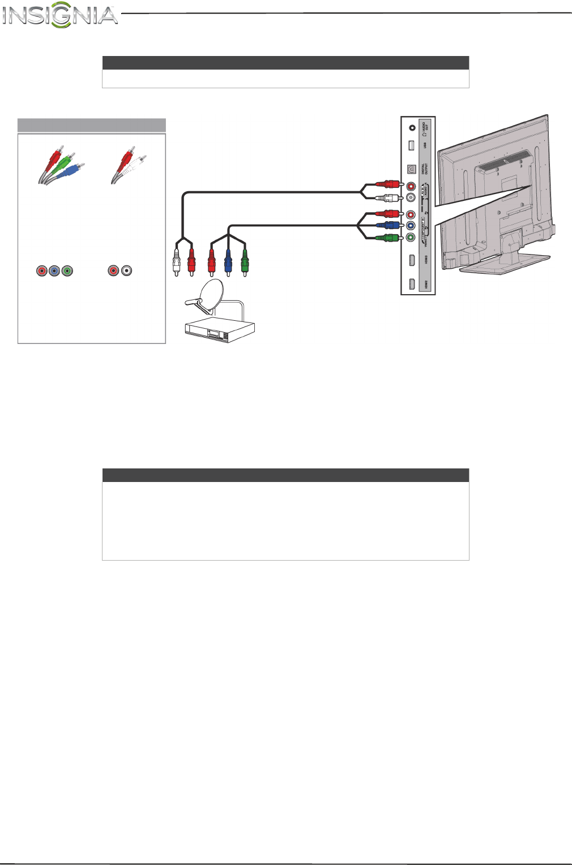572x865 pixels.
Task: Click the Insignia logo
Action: [x=59, y=15]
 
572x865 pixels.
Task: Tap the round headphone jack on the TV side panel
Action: [x=412, y=128]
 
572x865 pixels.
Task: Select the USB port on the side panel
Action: [x=411, y=145]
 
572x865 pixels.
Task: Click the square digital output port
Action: [x=412, y=169]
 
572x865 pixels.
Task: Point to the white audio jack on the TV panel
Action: [x=411, y=198]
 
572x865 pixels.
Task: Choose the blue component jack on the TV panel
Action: [x=411, y=226]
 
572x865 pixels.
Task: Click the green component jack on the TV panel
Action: [x=411, y=238]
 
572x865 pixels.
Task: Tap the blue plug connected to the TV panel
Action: [x=389, y=226]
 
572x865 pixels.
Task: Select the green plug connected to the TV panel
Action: [x=389, y=238]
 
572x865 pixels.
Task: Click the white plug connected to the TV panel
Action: [x=389, y=198]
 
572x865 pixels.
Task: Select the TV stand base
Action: [x=504, y=264]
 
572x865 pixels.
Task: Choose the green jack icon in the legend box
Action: [x=67, y=271]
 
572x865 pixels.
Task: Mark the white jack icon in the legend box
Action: [x=127, y=271]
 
